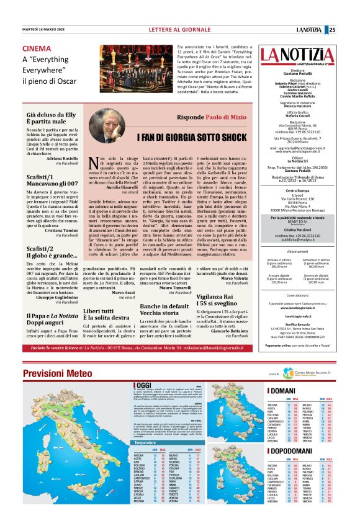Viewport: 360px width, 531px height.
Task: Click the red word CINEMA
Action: [x=37, y=49]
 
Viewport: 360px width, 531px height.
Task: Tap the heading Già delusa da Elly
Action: [x=52, y=115]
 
